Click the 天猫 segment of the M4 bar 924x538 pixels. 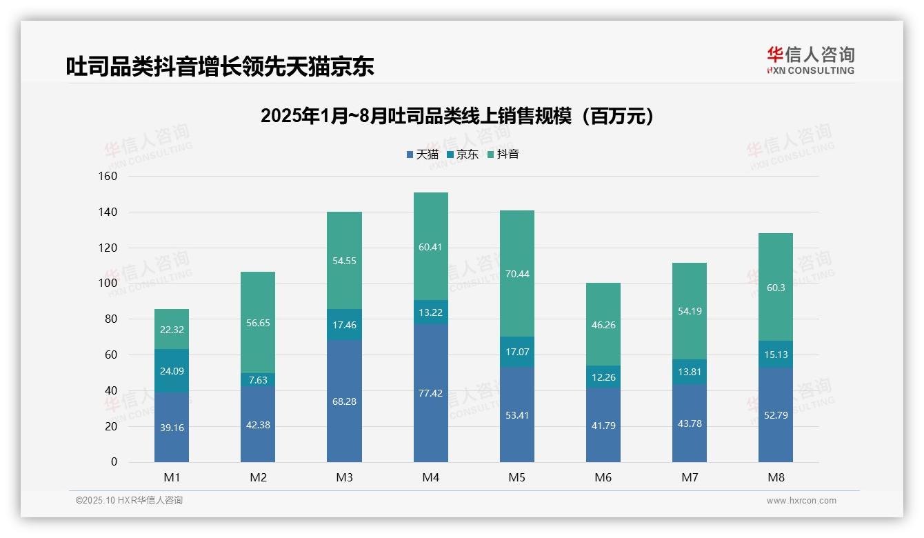(x=430, y=393)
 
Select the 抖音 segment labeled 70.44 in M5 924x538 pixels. (x=516, y=274)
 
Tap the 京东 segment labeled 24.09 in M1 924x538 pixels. (x=172, y=371)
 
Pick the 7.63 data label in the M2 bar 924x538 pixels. (x=258, y=380)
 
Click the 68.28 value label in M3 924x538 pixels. (x=344, y=401)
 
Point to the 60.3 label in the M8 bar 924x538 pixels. (x=776, y=288)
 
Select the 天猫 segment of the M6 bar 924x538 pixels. (x=603, y=426)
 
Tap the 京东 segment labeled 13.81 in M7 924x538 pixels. (x=690, y=372)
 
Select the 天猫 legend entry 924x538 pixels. (x=422, y=155)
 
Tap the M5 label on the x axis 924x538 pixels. (x=516, y=478)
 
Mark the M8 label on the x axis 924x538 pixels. (x=776, y=478)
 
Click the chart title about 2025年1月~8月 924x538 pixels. (x=456, y=116)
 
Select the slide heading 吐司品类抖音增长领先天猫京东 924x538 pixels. (x=220, y=66)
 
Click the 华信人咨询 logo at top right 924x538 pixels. (x=810, y=61)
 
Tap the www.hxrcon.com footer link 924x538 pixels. (x=801, y=501)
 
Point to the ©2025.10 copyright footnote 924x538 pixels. (x=129, y=501)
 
